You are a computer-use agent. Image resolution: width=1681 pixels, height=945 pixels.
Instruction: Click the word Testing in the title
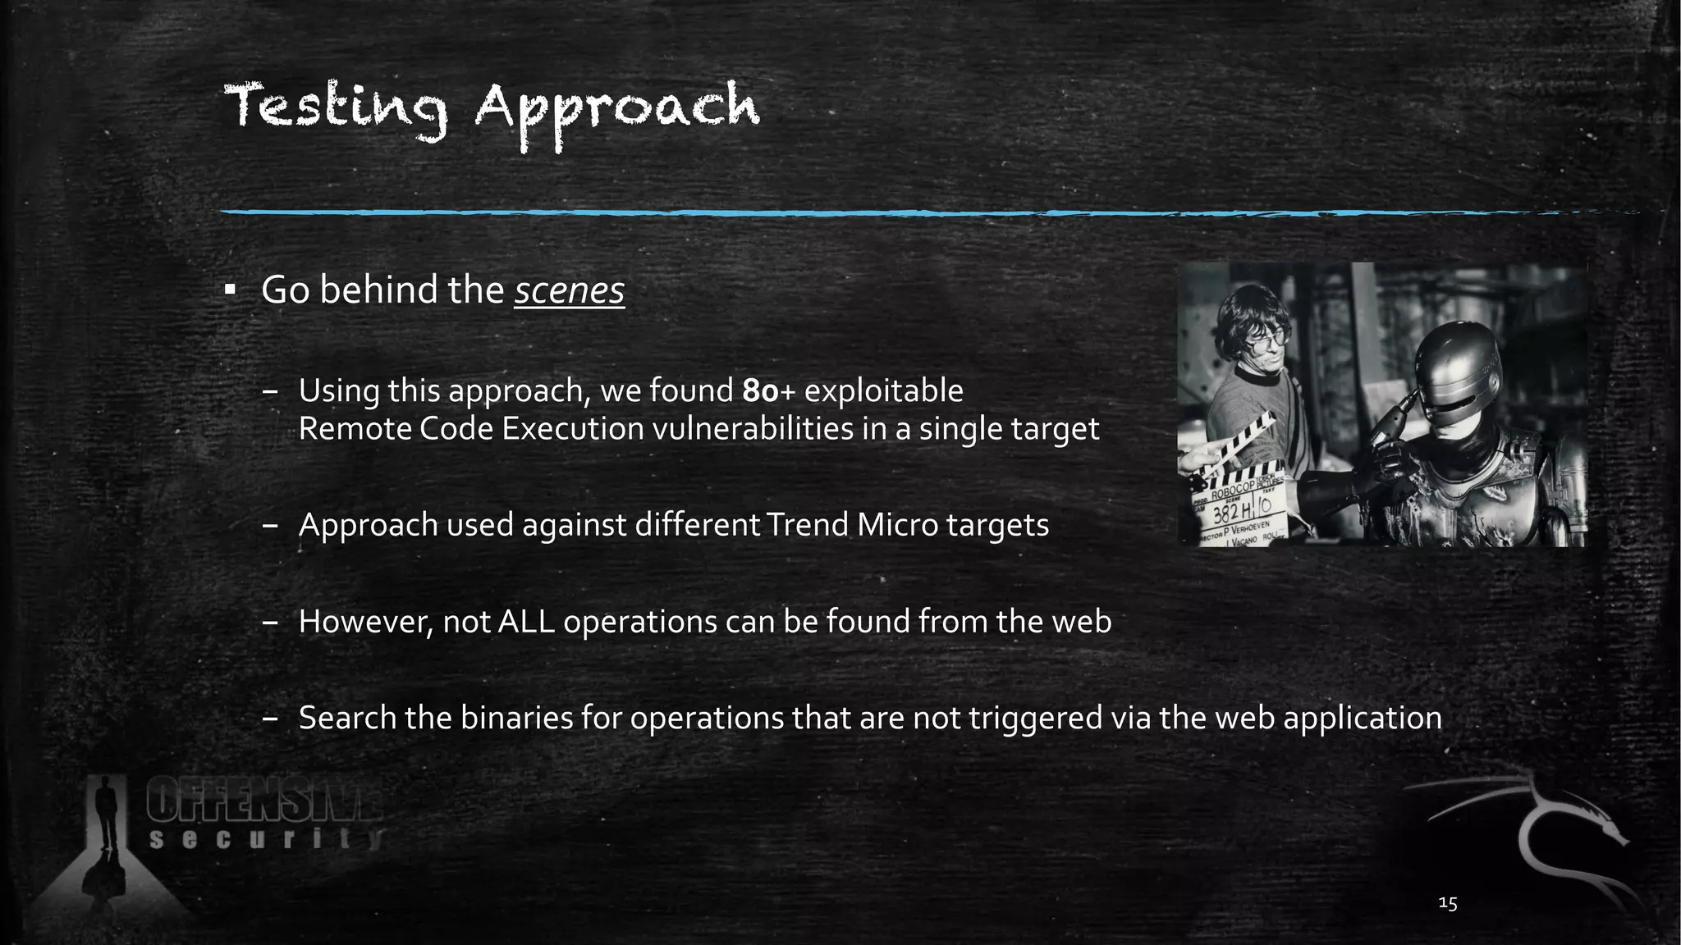[336, 110]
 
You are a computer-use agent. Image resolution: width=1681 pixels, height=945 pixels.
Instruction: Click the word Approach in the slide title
[617, 113]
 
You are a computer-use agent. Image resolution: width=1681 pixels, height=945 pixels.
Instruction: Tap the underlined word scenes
[570, 290]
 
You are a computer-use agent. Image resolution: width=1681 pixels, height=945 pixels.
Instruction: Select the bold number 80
[760, 391]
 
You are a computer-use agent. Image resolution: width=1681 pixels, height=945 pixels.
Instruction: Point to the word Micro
[897, 525]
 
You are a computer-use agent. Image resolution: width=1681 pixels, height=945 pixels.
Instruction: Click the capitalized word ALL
[526, 622]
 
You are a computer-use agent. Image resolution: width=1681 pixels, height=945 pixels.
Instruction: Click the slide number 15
[1448, 903]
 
